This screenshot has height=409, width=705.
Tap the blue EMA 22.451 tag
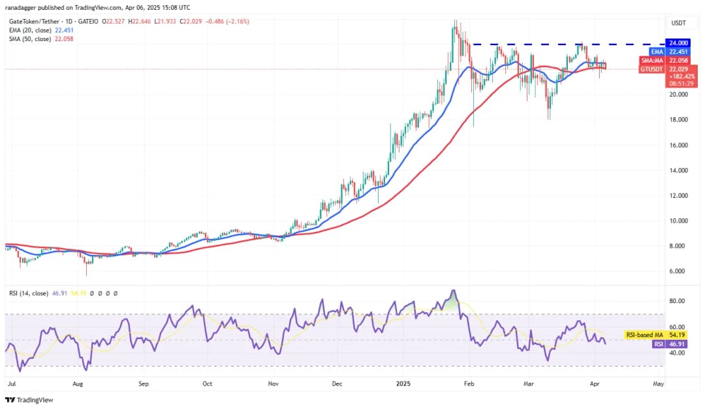pyautogui.click(x=677, y=52)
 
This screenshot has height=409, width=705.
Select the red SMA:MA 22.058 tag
pyautogui.click(x=677, y=60)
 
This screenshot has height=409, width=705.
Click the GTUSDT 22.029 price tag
pyautogui.click(x=677, y=69)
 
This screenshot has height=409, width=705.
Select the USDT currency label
pyautogui.click(x=678, y=24)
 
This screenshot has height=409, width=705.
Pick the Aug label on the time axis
pyautogui.click(x=78, y=384)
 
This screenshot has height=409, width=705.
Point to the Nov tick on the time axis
pyautogui.click(x=273, y=384)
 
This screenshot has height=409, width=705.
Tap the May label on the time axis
pyautogui.click(x=658, y=384)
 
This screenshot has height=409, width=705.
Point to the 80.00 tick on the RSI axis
pyautogui.click(x=677, y=301)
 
